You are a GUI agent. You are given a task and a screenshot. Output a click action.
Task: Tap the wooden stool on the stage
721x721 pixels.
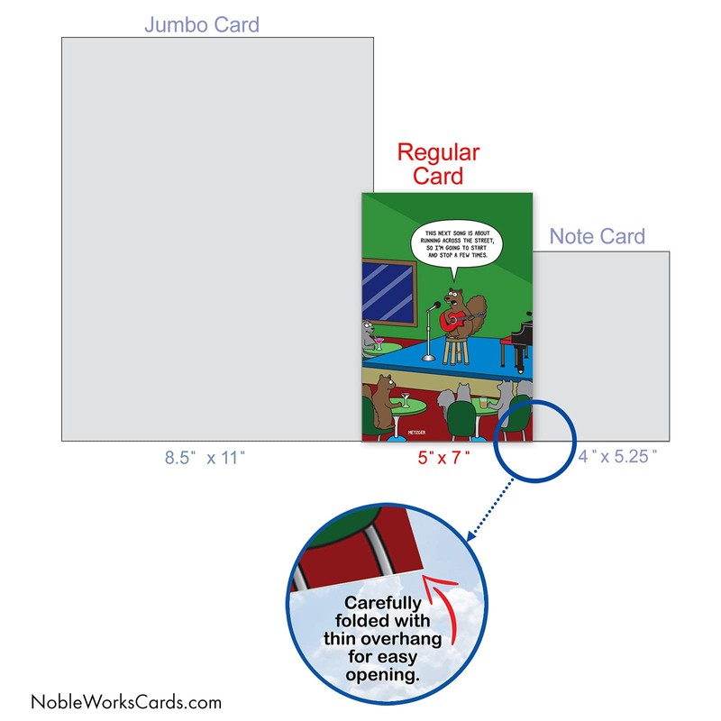point(454,347)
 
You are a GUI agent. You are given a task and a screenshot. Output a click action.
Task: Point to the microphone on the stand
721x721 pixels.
point(434,306)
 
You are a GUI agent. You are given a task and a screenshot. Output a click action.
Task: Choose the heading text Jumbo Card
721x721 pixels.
point(202,24)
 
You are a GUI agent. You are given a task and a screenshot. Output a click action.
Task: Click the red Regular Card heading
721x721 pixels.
point(438,163)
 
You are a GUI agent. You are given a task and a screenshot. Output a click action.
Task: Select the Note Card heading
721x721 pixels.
point(598,237)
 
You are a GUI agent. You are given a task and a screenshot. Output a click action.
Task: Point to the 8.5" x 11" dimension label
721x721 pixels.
point(204,459)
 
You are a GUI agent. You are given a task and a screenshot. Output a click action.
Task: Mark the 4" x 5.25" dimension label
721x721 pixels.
point(618,459)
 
